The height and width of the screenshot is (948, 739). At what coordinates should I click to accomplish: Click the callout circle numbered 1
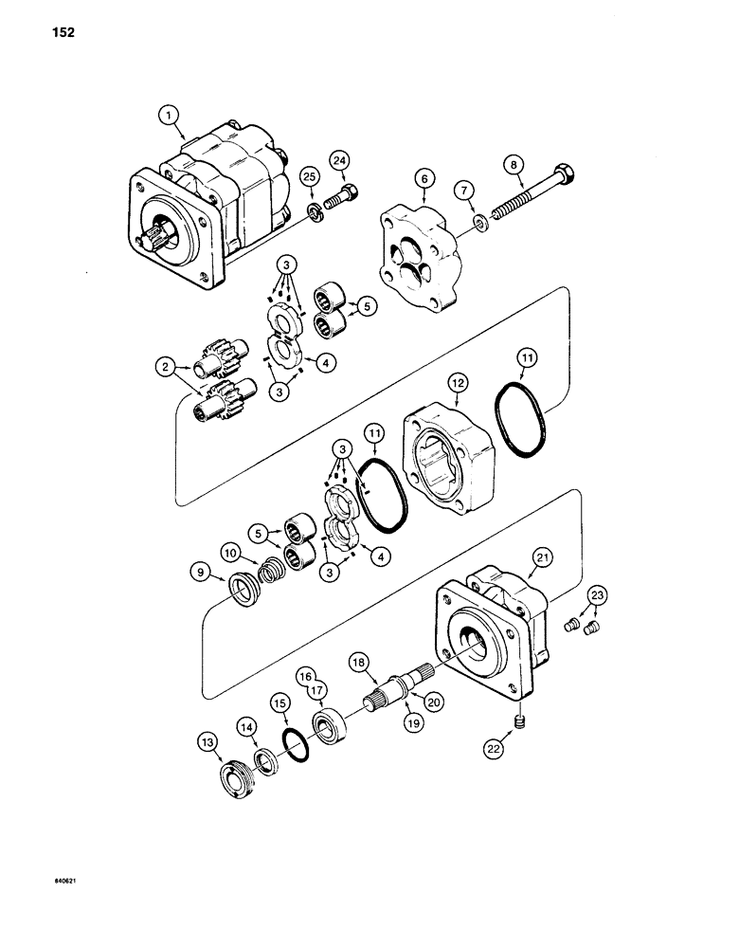pyautogui.click(x=169, y=116)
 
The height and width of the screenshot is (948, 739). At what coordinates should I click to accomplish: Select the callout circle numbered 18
pyautogui.click(x=358, y=661)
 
